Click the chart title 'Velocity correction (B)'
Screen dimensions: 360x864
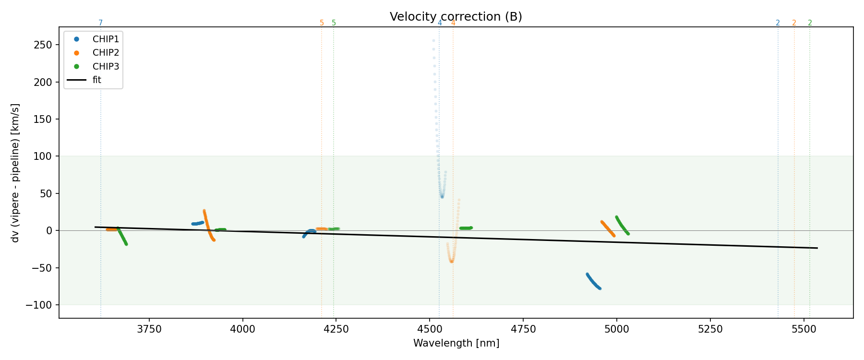(456, 17)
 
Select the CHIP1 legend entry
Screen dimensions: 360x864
(106, 39)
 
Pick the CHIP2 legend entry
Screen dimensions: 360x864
(106, 53)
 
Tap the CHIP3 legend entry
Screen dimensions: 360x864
(106, 67)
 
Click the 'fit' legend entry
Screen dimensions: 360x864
(97, 80)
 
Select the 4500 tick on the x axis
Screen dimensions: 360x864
(430, 329)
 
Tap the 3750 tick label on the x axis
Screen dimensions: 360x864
(149, 329)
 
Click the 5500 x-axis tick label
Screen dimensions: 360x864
(804, 329)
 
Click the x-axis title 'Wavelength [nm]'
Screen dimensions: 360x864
(456, 344)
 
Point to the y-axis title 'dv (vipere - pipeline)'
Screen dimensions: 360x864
(15, 173)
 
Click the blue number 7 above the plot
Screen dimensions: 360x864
(100, 23)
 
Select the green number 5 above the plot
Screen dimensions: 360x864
(334, 23)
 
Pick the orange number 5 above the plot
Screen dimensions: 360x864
(322, 23)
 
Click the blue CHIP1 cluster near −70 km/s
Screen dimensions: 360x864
(593, 282)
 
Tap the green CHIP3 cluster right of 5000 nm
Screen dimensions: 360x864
(622, 226)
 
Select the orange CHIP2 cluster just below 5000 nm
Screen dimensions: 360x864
(608, 228)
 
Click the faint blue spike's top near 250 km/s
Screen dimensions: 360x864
(433, 41)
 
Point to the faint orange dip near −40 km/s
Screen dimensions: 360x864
(451, 261)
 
